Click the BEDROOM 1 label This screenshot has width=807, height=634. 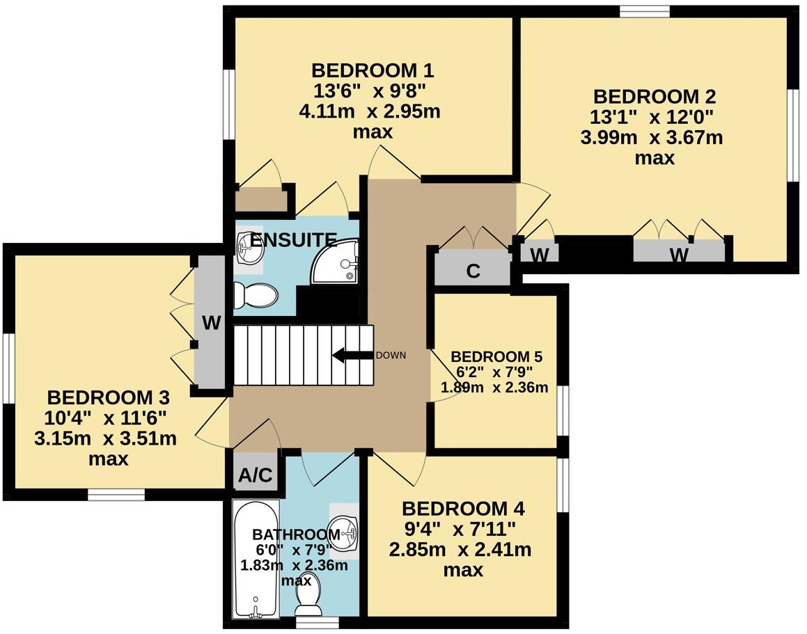pos(373,70)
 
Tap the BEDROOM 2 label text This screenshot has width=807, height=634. pos(654,97)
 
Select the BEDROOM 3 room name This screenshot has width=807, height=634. pos(108,398)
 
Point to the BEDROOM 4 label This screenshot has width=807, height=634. pos(462,508)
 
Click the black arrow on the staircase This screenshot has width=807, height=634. pos(352,356)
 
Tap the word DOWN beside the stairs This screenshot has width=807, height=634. pos(390,356)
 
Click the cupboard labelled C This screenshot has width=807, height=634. pos(473,271)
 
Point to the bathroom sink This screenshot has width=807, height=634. pos(345,532)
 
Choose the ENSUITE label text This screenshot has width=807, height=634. pos(293,240)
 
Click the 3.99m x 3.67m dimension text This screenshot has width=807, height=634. pos(651,137)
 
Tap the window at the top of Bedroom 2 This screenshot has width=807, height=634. pos(645,10)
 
